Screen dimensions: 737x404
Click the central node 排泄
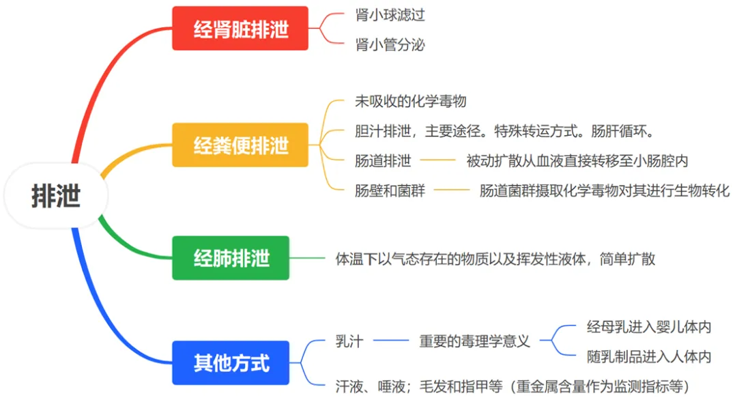click(x=56, y=196)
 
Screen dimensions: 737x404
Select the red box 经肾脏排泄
click(x=240, y=29)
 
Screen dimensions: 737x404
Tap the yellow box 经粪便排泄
click(x=240, y=145)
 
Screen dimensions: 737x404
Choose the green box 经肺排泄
click(x=231, y=258)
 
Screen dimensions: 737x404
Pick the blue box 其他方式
click(x=231, y=362)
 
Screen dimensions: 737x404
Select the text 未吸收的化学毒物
click(x=411, y=101)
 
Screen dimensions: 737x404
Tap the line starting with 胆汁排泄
click(x=505, y=131)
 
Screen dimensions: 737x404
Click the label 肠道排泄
click(x=383, y=161)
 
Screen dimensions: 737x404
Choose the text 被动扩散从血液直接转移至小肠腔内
click(x=577, y=161)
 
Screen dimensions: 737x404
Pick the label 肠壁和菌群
click(x=390, y=190)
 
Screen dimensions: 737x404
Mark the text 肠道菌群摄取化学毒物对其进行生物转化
click(x=605, y=190)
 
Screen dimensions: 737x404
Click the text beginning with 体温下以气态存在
click(x=495, y=259)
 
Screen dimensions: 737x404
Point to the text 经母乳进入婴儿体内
click(x=649, y=327)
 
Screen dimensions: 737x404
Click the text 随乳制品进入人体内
click(x=649, y=356)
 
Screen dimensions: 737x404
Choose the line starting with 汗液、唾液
click(x=512, y=386)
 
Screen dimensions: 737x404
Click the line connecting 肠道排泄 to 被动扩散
click(x=437, y=161)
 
